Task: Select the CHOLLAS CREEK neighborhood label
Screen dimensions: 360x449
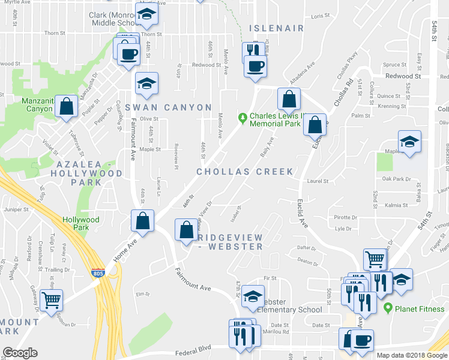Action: [x=246, y=172]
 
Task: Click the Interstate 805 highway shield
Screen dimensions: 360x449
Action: [x=97, y=274]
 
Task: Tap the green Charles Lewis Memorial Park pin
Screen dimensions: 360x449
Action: [x=243, y=116]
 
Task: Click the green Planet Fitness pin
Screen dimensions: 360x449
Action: [x=388, y=308]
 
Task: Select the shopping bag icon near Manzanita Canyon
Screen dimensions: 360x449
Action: [x=67, y=107]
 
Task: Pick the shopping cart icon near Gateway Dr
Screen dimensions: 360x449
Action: [x=51, y=298]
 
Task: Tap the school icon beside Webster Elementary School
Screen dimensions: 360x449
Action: [x=252, y=295]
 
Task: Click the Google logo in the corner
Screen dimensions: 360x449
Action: [x=19, y=352]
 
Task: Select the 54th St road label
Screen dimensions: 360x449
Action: [x=433, y=35]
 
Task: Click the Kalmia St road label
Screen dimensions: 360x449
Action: [x=397, y=205]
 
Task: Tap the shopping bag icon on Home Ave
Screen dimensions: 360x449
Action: [x=143, y=221]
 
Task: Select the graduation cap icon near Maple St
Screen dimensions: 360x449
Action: [x=410, y=142]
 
